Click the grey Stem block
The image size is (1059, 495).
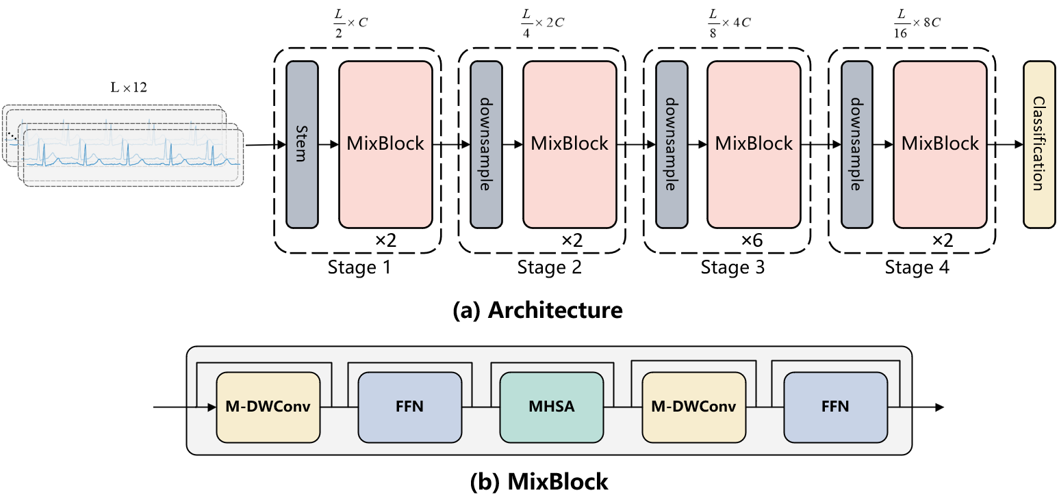pos(302,144)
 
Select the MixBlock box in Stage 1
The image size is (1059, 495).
pos(385,144)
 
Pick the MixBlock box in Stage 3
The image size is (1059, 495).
pos(754,144)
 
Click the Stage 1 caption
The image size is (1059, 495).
pos(359,267)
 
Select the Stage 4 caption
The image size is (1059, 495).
pos(917,267)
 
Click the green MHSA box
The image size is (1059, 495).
pos(551,407)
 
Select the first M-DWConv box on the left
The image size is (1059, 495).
pos(268,407)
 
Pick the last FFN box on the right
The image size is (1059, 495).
pos(835,407)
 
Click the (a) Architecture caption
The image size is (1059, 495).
pos(537,310)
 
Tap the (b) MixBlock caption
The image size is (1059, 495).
pos(539,481)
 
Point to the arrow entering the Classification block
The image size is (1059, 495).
pos(1006,144)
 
